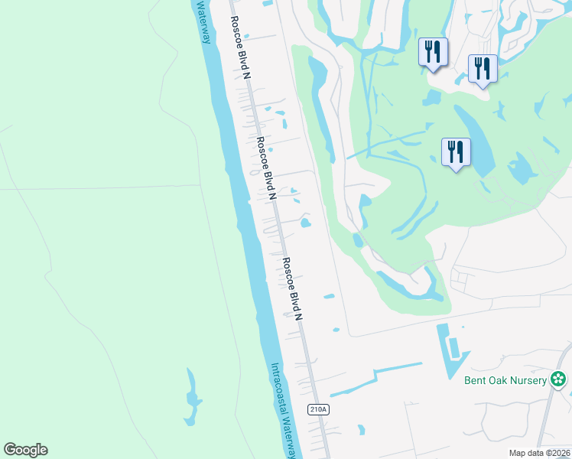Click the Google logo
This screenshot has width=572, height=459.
(26, 450)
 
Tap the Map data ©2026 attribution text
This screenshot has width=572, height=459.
(539, 453)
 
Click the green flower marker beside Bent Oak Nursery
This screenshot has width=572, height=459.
(559, 379)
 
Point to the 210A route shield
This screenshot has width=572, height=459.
(319, 409)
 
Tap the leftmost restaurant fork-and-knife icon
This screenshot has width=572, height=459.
(433, 52)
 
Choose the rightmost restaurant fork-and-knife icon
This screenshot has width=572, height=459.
(483, 69)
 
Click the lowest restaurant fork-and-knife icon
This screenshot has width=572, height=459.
(456, 151)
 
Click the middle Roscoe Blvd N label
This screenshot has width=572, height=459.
(266, 169)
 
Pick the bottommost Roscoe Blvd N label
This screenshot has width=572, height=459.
(293, 289)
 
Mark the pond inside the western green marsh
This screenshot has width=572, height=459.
(191, 398)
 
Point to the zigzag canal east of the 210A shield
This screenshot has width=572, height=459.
(375, 378)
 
